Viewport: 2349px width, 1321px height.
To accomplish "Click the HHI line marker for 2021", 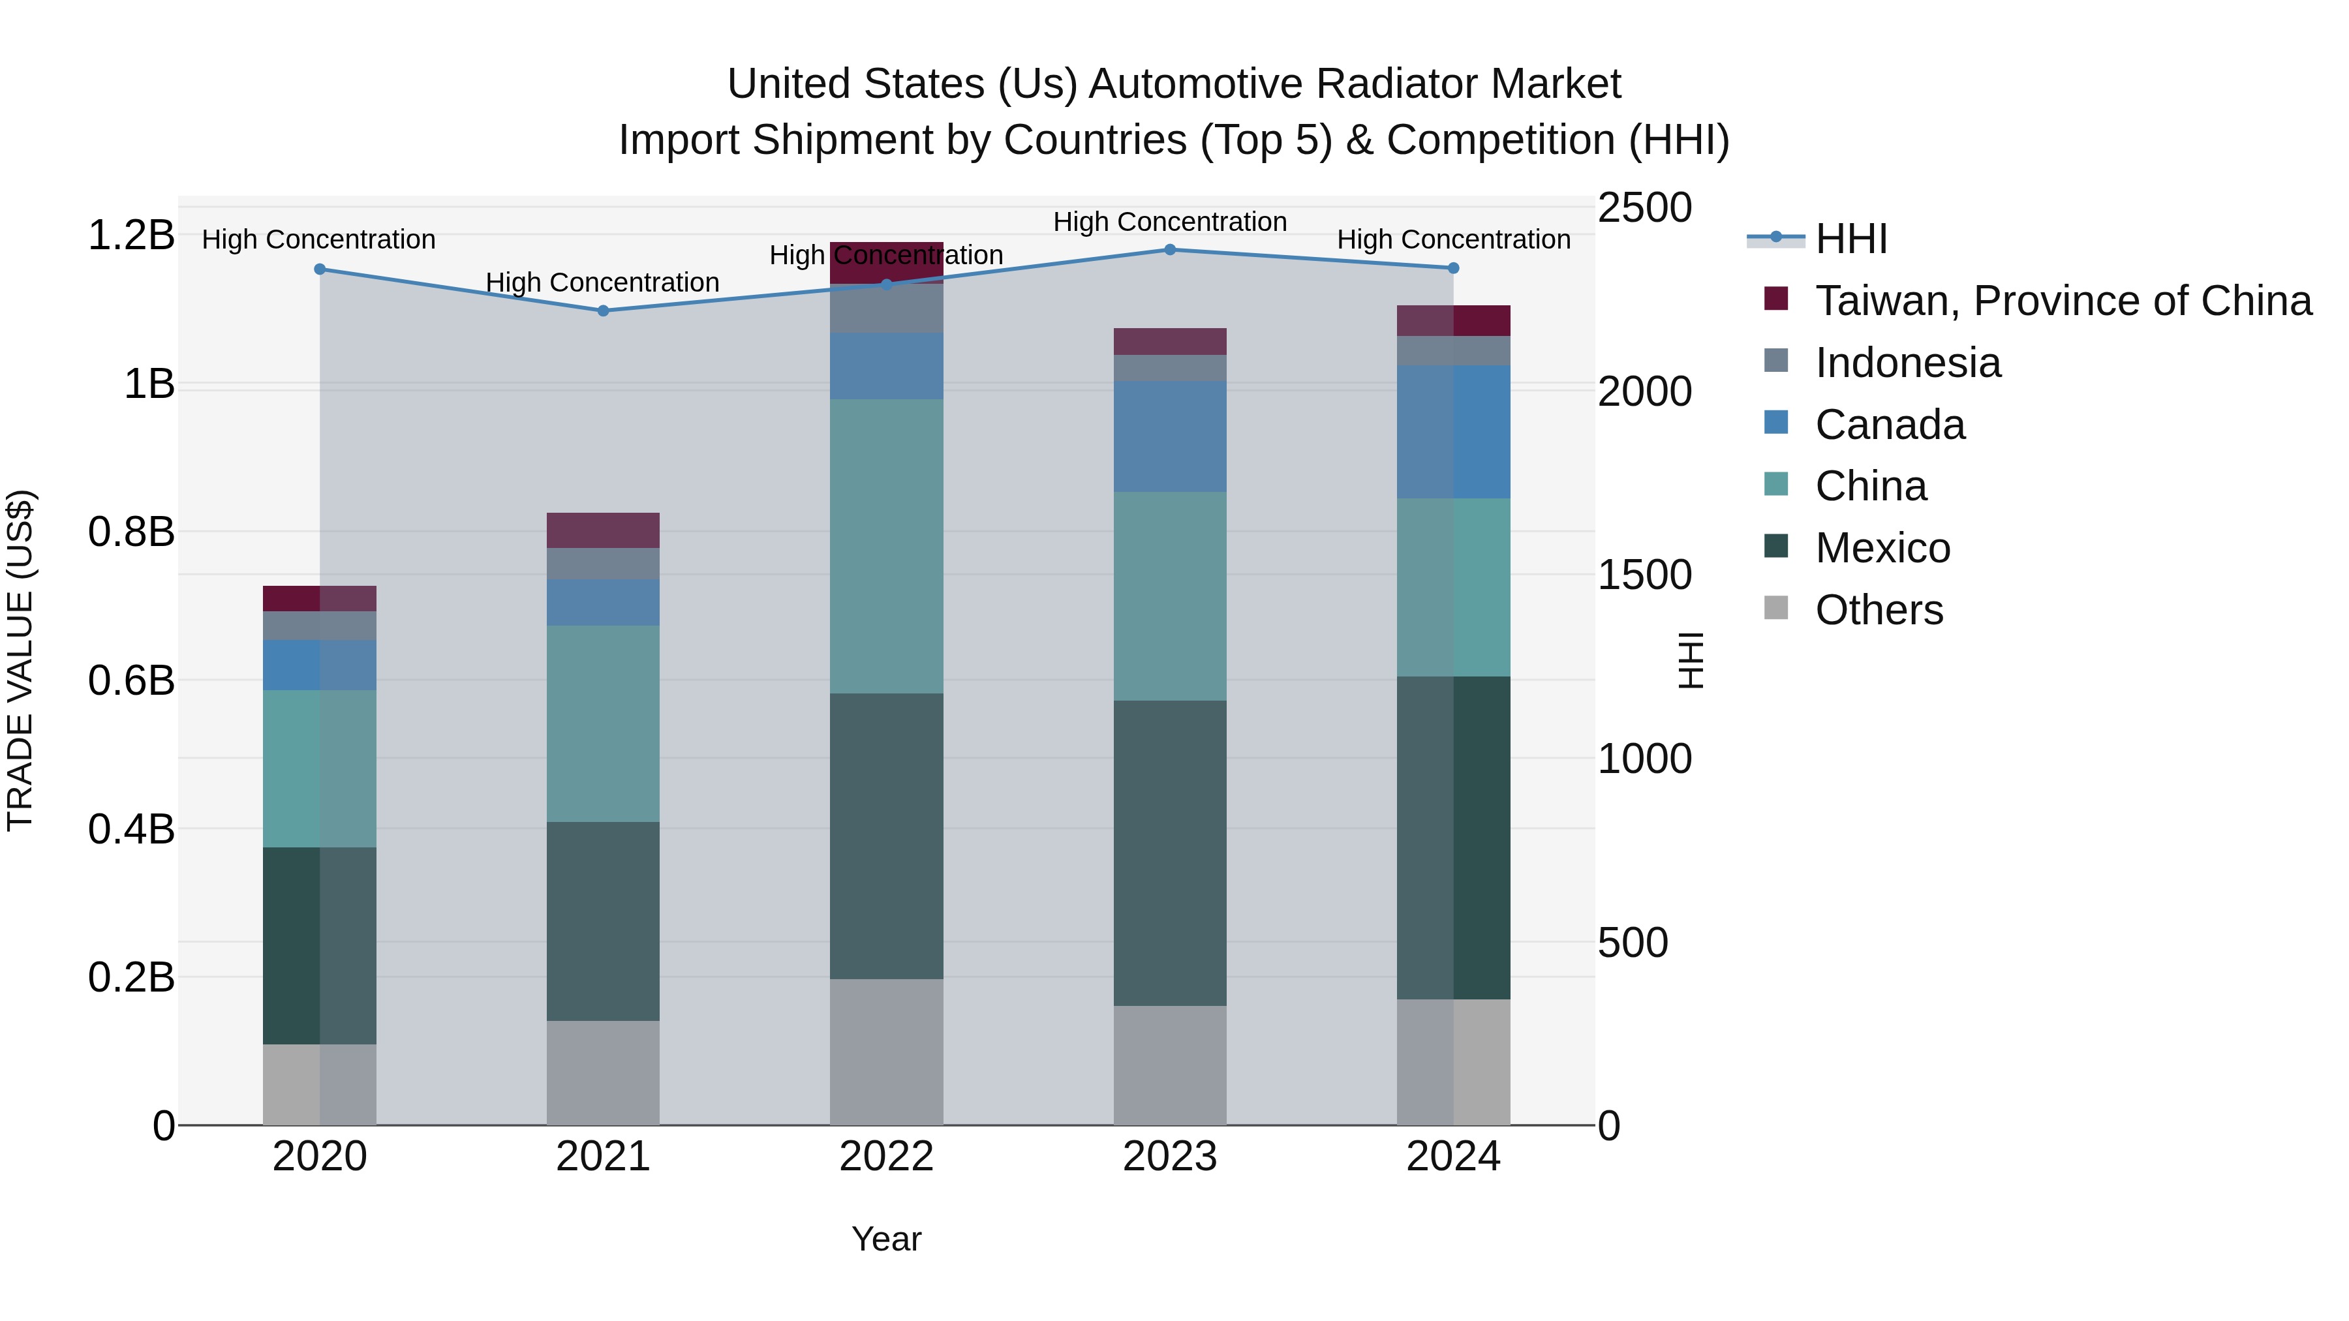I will (x=603, y=311).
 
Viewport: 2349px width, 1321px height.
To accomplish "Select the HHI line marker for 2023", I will (x=1170, y=250).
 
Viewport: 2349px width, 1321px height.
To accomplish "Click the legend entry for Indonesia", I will (x=1908, y=363).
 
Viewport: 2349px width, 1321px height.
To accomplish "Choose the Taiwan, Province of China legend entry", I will (x=2063, y=301).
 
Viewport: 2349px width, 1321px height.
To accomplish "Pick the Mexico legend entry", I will (x=1882, y=548).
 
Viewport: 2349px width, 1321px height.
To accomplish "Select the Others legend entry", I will (x=1879, y=610).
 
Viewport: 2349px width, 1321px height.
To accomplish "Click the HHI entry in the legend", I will (x=1850, y=239).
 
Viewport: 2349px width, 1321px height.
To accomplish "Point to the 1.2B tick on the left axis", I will (x=131, y=235).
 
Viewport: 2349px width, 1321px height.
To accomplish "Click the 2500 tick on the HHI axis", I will (x=1644, y=208).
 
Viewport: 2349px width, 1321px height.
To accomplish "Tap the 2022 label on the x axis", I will (x=886, y=1157).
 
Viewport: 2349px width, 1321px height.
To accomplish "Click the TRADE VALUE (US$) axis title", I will (x=20, y=660).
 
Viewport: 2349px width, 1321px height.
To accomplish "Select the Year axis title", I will (x=886, y=1239).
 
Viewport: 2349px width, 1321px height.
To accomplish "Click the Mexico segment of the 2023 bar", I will (x=1170, y=853).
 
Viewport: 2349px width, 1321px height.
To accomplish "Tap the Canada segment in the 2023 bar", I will (x=1170, y=436).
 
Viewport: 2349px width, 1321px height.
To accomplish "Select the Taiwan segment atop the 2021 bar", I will (x=603, y=530).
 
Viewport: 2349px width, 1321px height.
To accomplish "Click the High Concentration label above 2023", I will (x=1170, y=222).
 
